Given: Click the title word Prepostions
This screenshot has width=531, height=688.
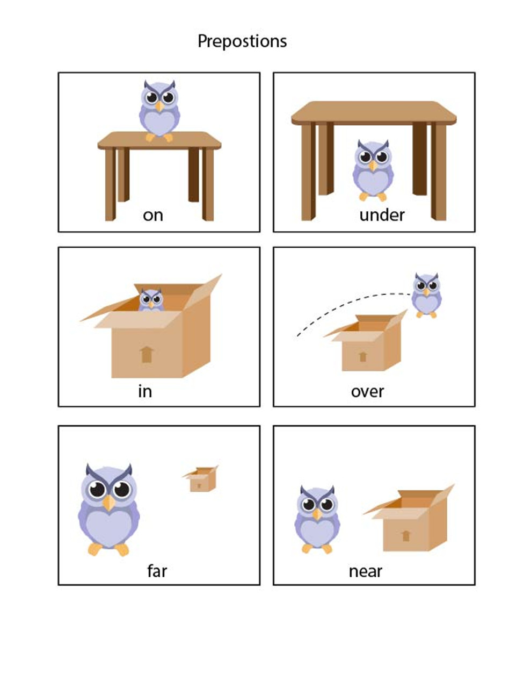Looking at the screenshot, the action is [242, 41].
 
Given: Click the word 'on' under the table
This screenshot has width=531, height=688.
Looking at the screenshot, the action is [153, 216].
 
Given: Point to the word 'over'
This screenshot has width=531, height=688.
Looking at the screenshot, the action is [367, 392].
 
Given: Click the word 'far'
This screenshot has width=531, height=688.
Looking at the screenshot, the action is [157, 571].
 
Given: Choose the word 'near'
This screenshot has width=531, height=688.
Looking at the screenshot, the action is [365, 572].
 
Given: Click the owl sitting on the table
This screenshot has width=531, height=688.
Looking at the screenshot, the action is [159, 111].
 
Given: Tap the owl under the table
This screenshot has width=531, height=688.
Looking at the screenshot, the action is [373, 170].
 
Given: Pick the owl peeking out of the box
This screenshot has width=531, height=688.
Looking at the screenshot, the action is [151, 300].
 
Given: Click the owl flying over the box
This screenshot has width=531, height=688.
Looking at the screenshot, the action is [426, 295].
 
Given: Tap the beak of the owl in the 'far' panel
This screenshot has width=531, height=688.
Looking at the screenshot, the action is [109, 503].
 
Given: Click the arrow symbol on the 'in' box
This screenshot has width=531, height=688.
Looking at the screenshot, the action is [147, 354].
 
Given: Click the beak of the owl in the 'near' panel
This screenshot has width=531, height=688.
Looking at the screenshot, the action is [317, 514].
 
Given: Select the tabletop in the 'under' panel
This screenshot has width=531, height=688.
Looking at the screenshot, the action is [374, 113].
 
